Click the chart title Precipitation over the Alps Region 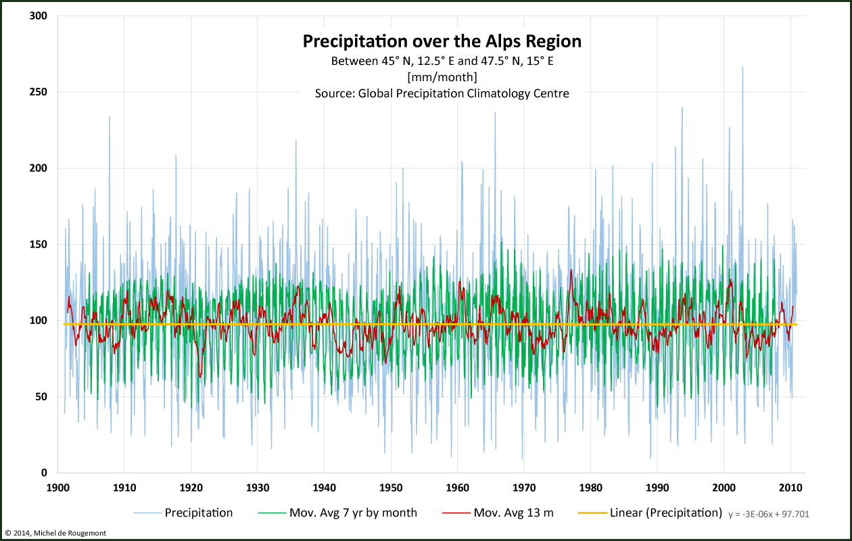(x=442, y=41)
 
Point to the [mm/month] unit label (x=442, y=77)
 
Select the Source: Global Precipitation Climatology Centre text (x=442, y=93)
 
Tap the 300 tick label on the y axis (x=39, y=16)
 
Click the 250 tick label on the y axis (x=39, y=92)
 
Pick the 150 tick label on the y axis (x=39, y=244)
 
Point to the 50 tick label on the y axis (x=42, y=396)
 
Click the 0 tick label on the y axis (x=45, y=473)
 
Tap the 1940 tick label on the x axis (x=324, y=488)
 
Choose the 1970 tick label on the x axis (x=523, y=488)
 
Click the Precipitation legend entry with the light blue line (x=199, y=513)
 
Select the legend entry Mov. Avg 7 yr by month (x=353, y=513)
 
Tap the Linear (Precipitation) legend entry (x=665, y=513)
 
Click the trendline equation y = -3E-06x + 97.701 (x=769, y=515)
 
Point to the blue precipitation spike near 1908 (x=110, y=118)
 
